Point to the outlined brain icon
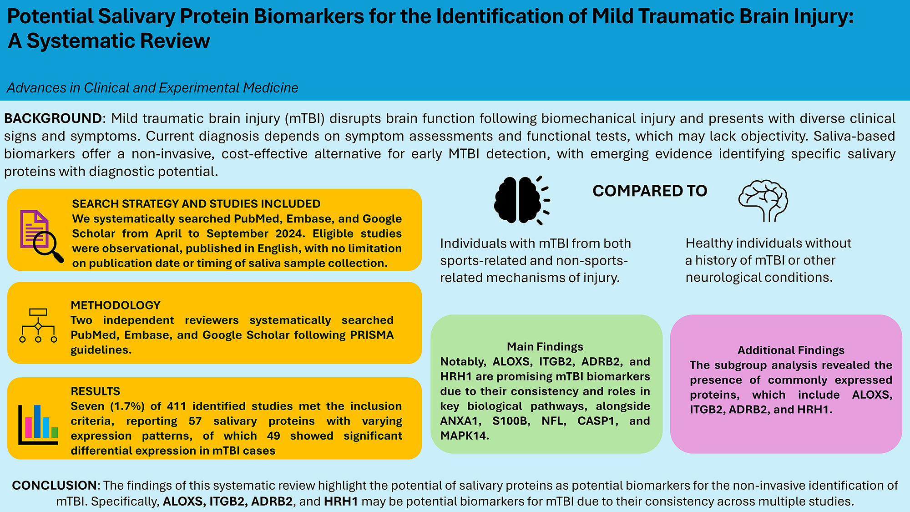(763, 201)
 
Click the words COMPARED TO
(650, 191)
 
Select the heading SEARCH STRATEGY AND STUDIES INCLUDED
(196, 204)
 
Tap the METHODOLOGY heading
(116, 305)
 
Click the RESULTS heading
(96, 391)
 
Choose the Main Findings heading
(545, 347)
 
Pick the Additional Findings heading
(791, 350)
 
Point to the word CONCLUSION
(54, 486)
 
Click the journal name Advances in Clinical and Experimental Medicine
(152, 88)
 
